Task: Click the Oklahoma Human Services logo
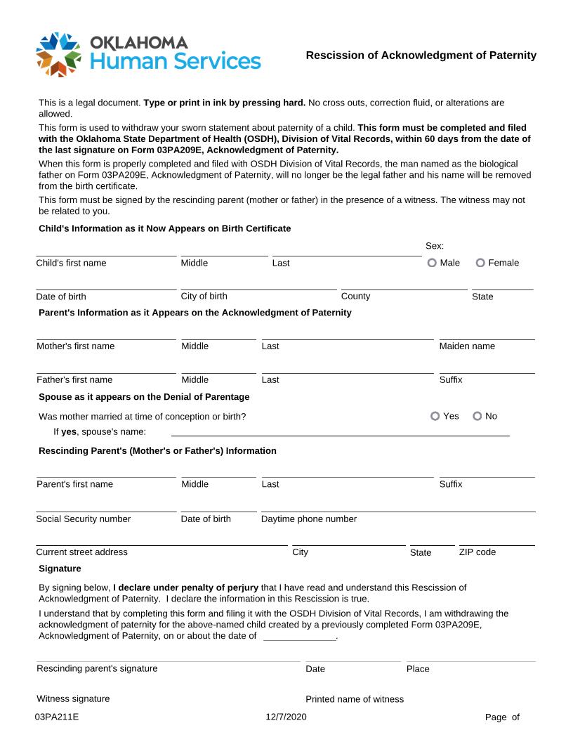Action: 148,53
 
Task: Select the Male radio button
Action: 433,263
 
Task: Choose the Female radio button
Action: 481,263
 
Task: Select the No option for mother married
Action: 477,416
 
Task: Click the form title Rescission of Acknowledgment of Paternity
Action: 421,55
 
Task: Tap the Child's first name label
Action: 71,263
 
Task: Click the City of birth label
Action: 204,296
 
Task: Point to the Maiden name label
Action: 467,346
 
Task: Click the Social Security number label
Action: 83,519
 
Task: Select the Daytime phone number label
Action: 309,519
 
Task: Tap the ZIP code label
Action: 477,552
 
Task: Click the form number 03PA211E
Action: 57,717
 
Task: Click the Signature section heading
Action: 60,568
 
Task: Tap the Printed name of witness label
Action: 355,699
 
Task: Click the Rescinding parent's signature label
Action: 97,668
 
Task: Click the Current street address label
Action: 81,552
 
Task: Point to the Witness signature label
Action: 73,699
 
